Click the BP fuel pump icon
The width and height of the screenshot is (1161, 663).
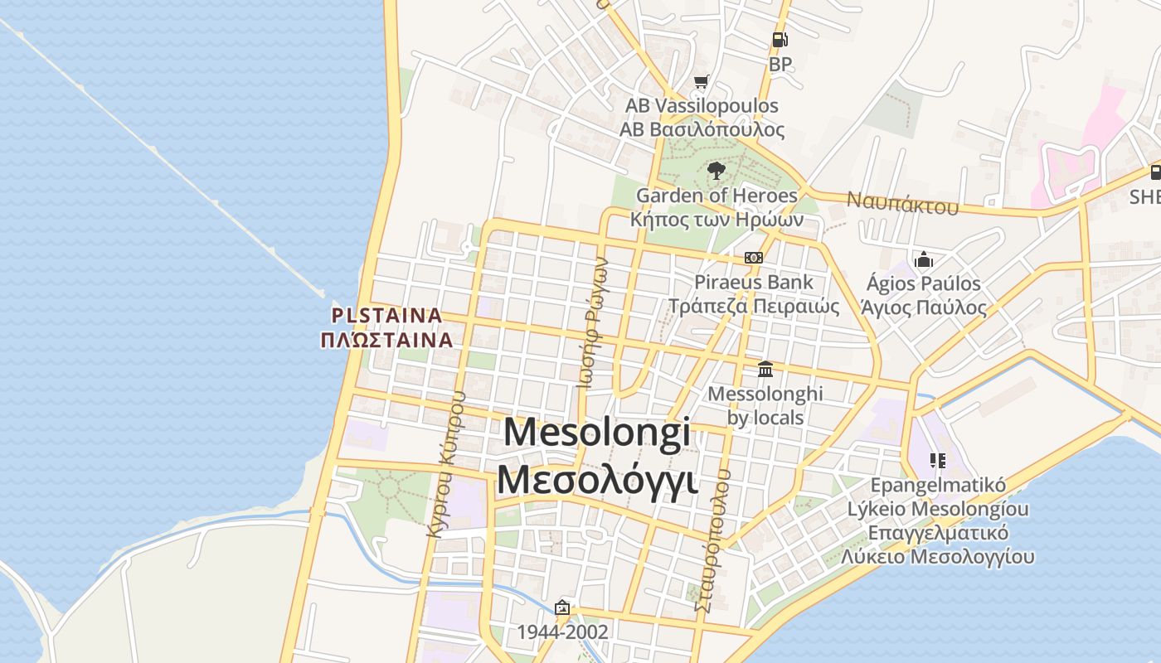pos(780,39)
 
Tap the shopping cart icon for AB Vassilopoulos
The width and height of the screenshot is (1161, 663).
pos(702,81)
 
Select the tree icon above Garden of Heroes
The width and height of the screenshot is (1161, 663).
pos(716,171)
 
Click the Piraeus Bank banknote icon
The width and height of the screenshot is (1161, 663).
pos(753,258)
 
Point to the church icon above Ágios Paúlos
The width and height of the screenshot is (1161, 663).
pos(923,259)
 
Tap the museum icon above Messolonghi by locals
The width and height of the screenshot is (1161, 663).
pos(765,369)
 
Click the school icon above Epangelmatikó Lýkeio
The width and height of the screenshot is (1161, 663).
pos(938,460)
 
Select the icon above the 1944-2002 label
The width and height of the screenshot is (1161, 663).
pos(562,607)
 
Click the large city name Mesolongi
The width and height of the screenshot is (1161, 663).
pos(597,433)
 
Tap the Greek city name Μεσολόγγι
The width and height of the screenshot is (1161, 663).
pos(597,481)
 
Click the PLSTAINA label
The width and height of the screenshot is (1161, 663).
pos(387,316)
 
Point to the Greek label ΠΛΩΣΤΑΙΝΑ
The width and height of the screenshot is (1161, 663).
pos(387,339)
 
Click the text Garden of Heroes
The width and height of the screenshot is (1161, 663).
pos(717,196)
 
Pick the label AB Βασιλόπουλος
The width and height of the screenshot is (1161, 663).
pos(702,130)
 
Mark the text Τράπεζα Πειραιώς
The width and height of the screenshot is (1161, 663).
pos(754,306)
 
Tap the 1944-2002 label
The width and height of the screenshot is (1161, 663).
pos(562,632)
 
